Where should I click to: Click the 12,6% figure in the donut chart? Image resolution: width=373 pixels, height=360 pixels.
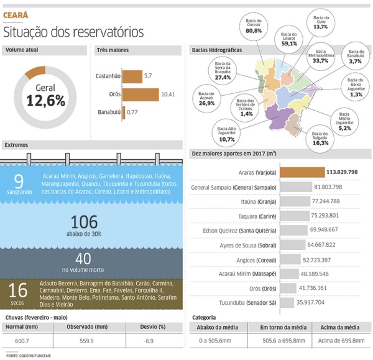click(46, 99)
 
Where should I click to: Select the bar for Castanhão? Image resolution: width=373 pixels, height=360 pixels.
click(132, 76)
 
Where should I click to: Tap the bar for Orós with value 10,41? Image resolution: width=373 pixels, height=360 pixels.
click(140, 94)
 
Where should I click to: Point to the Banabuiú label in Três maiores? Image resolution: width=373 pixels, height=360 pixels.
click(108, 112)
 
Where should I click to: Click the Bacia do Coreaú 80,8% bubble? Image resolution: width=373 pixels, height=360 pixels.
click(254, 27)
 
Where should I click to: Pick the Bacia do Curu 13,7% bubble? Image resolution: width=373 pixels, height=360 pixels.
click(321, 24)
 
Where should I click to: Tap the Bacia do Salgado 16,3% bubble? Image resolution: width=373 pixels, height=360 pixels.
click(321, 139)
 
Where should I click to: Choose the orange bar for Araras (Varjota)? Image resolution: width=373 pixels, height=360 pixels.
click(302, 172)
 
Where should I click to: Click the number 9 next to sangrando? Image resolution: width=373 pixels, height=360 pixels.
click(19, 181)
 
